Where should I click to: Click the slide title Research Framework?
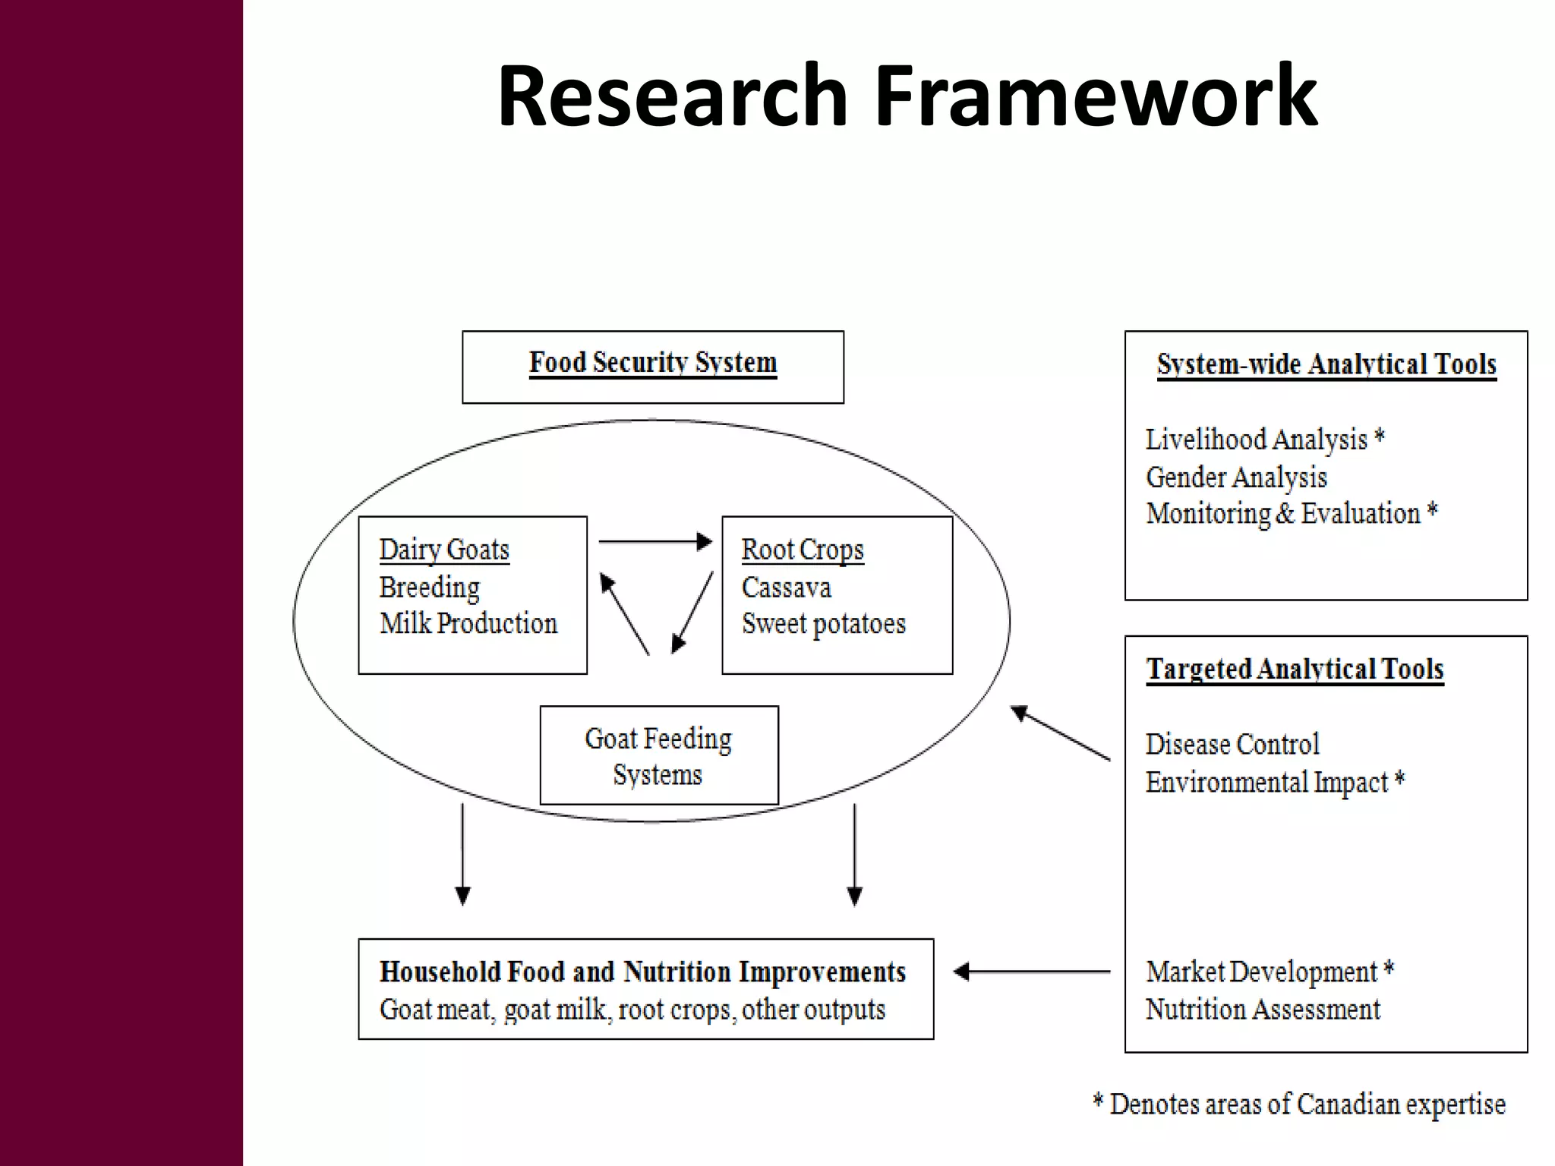point(907,96)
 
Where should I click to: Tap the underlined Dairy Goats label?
point(444,550)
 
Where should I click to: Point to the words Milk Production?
point(468,623)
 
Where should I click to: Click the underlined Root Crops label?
point(803,550)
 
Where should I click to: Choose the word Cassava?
point(786,588)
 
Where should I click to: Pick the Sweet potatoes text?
point(823,623)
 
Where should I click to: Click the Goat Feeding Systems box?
point(658,755)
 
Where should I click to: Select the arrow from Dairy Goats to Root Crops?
point(654,542)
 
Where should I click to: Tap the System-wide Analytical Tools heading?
point(1326,365)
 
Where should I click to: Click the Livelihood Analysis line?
point(1264,440)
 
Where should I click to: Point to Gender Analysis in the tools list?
point(1236,477)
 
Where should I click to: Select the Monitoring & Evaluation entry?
point(1291,514)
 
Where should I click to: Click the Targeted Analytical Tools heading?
point(1295,670)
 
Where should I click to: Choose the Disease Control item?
point(1232,744)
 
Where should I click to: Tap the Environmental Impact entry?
point(1274,782)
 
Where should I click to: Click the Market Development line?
point(1269,972)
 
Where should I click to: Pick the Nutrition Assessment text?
point(1263,1010)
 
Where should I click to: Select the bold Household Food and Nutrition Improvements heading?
point(642,972)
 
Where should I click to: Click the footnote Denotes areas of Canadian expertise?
point(1306,1105)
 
